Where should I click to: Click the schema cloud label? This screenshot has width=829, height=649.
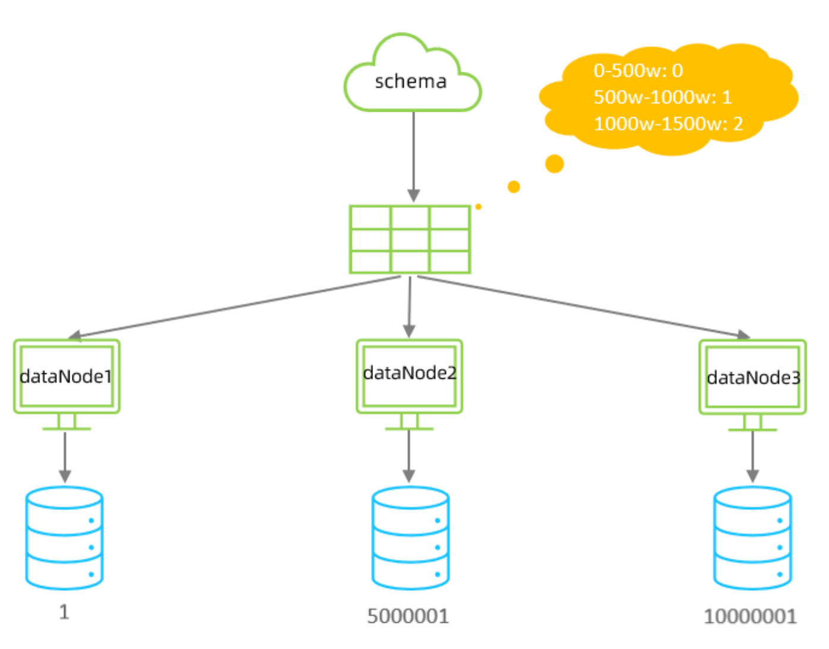pos(411,81)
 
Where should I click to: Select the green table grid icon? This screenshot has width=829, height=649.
pos(410,240)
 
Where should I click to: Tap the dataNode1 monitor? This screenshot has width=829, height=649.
pos(67,377)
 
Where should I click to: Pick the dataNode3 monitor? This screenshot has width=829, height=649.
pos(752,378)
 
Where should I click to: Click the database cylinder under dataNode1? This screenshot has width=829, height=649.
pos(65,538)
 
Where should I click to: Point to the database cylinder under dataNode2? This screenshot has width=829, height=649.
pos(410,538)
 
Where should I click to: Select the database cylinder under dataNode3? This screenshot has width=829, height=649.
pos(752,538)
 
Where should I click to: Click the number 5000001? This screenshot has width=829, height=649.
pos(408,616)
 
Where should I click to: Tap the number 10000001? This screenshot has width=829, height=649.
pos(750,616)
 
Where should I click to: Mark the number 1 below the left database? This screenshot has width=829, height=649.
pos(64,612)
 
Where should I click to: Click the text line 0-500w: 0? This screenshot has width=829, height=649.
pos(638,71)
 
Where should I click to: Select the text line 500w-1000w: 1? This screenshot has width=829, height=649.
pos(663,97)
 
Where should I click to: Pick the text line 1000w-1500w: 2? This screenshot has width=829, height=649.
pos(668,124)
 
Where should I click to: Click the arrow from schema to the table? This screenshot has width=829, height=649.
pos(414,155)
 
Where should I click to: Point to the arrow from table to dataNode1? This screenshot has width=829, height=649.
pos(238,307)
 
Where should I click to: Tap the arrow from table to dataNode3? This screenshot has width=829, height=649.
pos(582,307)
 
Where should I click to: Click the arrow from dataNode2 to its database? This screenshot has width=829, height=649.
pos(409,455)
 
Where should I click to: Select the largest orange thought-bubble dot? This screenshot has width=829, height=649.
pos(554,163)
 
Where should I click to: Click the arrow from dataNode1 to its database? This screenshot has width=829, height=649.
pos(65,455)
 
